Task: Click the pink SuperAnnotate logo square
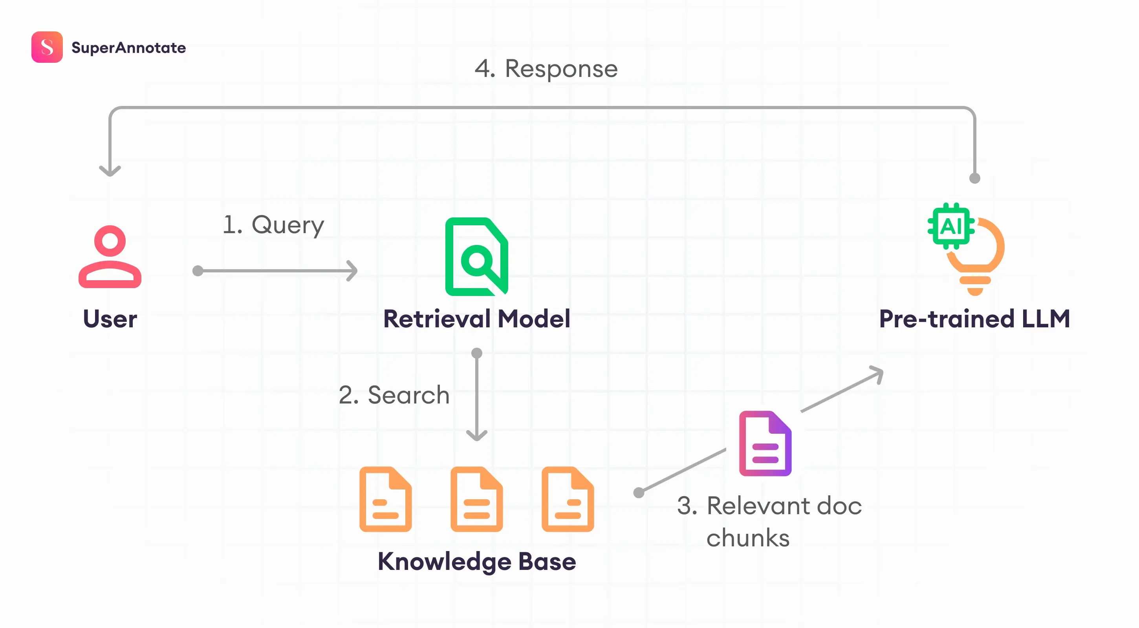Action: tap(47, 47)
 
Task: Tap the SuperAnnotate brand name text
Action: tap(128, 48)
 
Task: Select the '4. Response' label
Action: tap(546, 69)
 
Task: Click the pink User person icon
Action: tap(110, 257)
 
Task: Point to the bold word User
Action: tap(110, 319)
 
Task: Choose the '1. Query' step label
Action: tap(273, 225)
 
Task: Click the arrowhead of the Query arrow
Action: tap(353, 270)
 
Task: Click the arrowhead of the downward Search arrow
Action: tap(477, 436)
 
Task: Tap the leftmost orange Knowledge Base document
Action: tap(385, 499)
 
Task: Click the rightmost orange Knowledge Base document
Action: tap(567, 499)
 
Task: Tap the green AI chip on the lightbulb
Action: tap(950, 226)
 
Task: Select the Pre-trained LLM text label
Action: tap(974, 319)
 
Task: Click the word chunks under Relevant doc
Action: tap(748, 538)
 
